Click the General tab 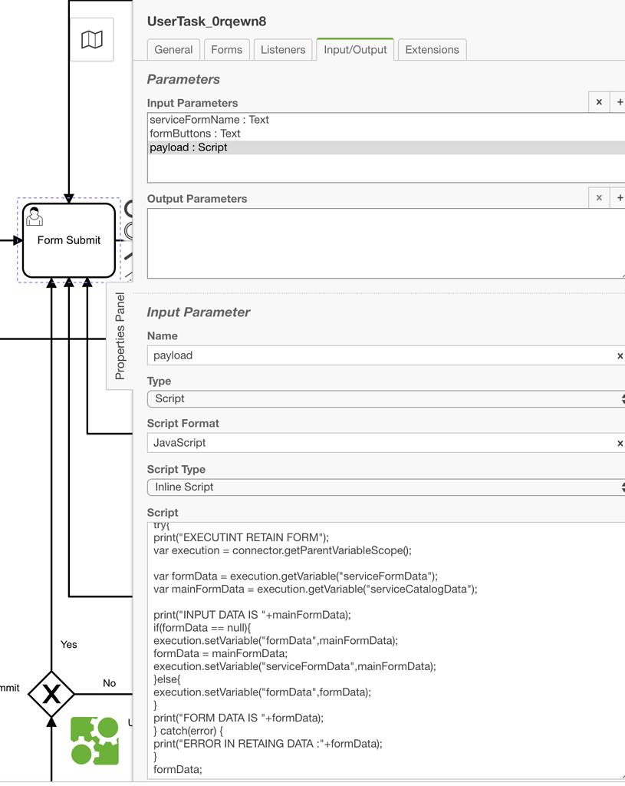coord(173,50)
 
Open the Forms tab coord(226,50)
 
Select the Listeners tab coord(283,50)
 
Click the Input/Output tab coord(355,50)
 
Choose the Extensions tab coord(432,50)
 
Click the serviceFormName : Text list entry coord(209,120)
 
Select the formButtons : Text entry coord(196,134)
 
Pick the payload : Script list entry coord(189,147)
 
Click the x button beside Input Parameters coord(599,102)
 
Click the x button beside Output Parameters coord(599,198)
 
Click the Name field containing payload coord(380,355)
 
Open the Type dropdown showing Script coord(383,399)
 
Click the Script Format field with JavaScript coord(380,443)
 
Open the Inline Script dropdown coord(383,487)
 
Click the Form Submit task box coord(69,240)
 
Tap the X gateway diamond coord(51,694)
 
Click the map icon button coord(92,40)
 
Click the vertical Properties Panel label coord(120,335)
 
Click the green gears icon coord(95,741)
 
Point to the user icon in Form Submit coord(35,216)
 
